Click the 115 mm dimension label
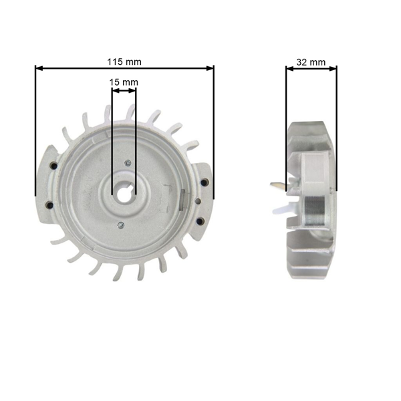pos(124,61)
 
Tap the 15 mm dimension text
pos(124,82)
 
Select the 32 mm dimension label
pos(311,62)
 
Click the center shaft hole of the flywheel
pos(124,194)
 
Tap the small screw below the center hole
pos(118,225)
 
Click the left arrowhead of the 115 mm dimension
pos(39,68)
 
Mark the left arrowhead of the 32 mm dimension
pos(289,68)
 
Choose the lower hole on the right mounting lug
pos(198,221)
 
